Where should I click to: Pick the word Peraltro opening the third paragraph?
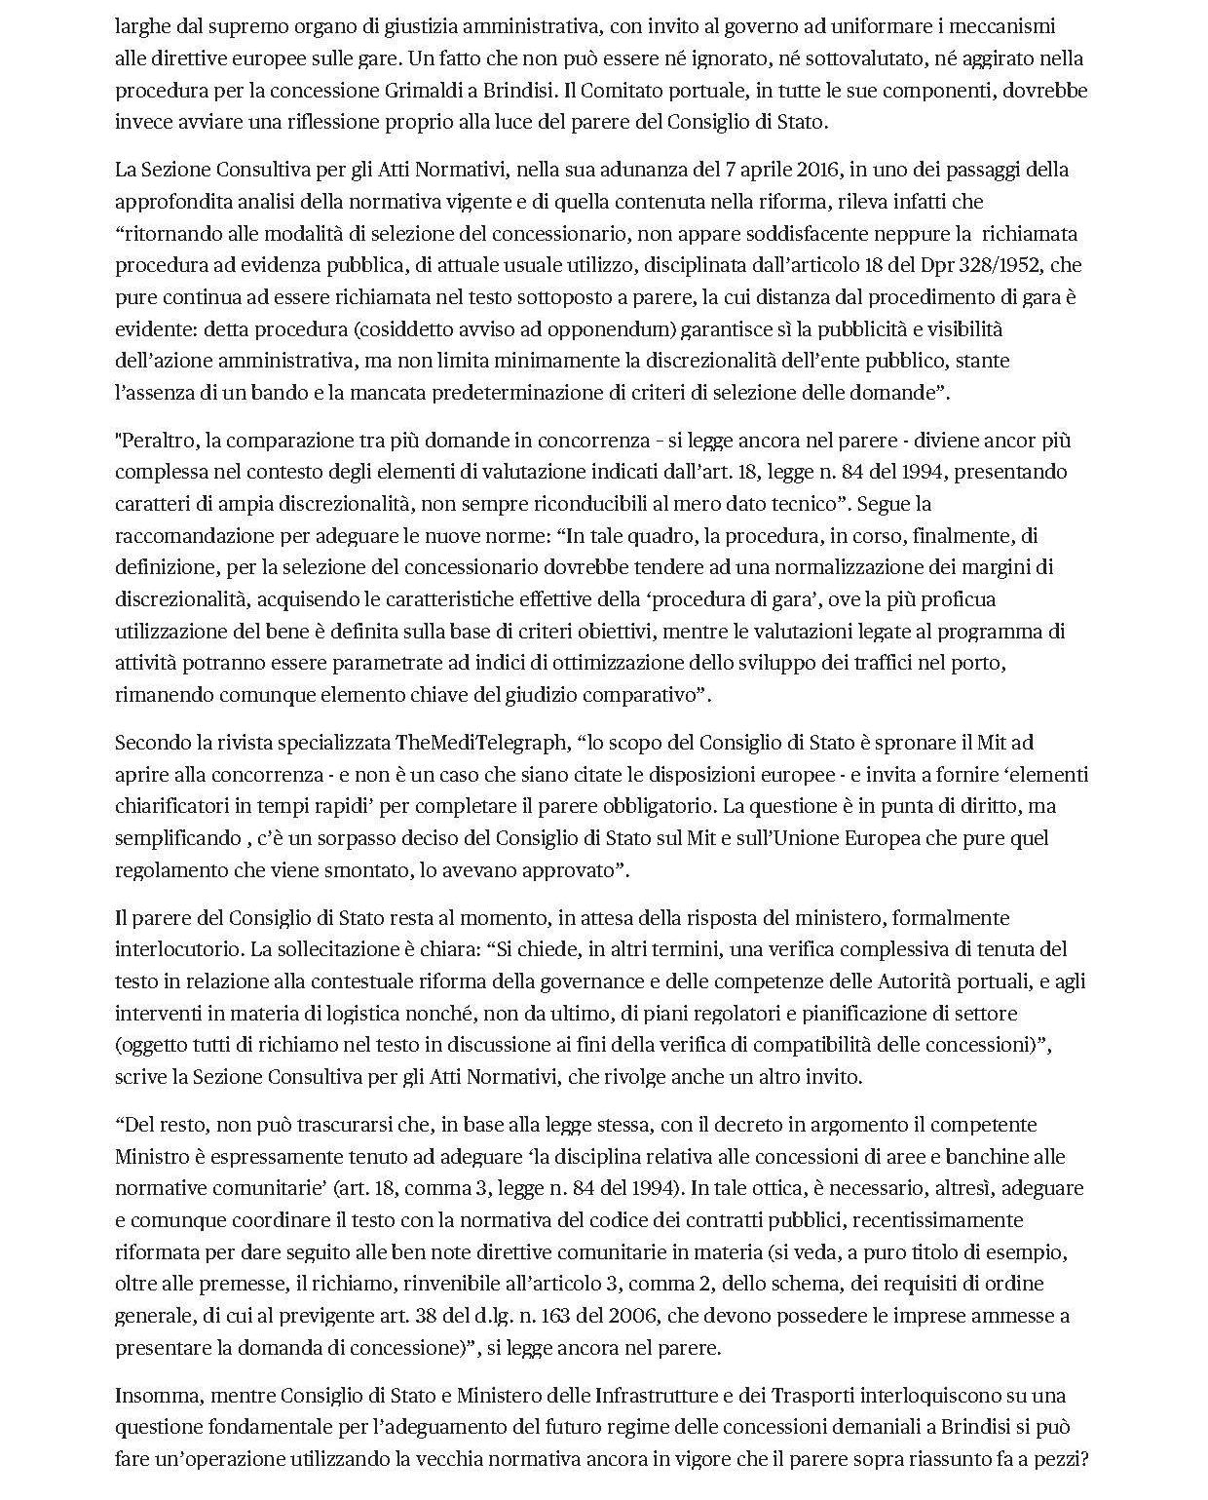159,440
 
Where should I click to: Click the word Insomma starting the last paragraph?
156,1395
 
